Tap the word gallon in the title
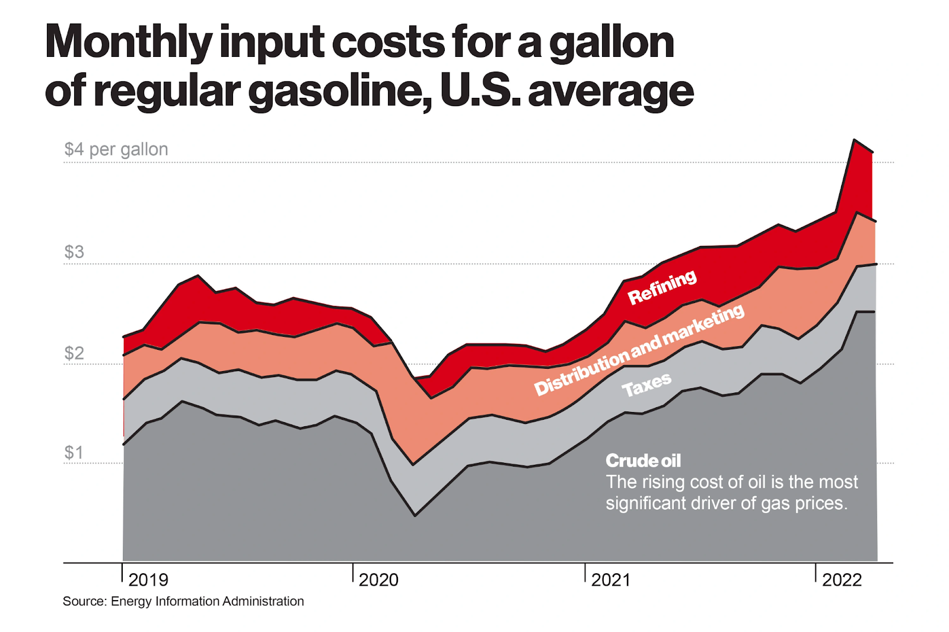click(612, 43)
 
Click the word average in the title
click(610, 91)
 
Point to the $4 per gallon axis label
click(116, 149)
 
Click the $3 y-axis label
click(74, 252)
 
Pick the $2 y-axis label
click(74, 353)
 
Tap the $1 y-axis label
click(74, 453)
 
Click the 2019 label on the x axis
click(148, 580)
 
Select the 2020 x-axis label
click(379, 580)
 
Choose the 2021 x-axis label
click(611, 580)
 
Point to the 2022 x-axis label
click(842, 580)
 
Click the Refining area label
click(662, 287)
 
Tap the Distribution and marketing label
click(639, 350)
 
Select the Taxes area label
click(647, 385)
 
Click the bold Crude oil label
click(643, 461)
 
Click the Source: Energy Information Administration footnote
click(183, 601)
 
